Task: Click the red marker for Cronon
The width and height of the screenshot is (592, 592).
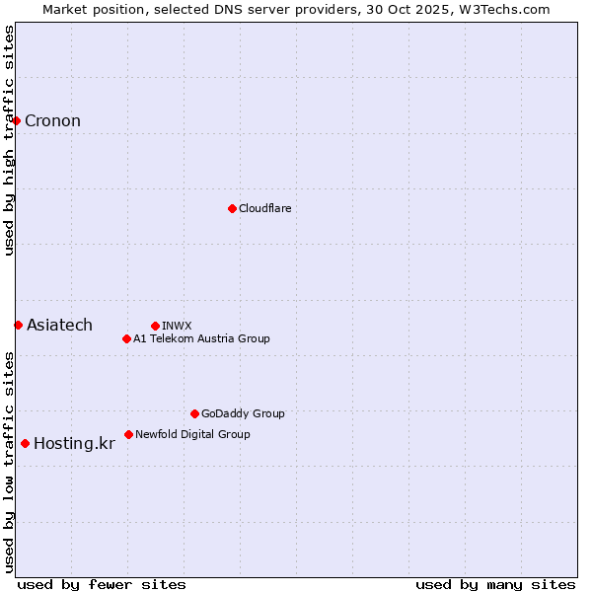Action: tap(17, 121)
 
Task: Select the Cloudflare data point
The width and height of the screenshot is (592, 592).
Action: tap(232, 208)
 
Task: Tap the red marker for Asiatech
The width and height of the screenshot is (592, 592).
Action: tap(18, 325)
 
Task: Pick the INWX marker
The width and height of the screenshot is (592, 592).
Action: tap(155, 326)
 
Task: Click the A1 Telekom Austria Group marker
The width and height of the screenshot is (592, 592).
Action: tap(126, 338)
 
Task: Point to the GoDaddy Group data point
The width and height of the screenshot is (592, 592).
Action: tap(194, 413)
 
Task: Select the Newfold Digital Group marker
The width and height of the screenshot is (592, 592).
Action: tap(128, 434)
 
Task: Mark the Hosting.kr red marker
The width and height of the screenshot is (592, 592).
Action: tap(25, 443)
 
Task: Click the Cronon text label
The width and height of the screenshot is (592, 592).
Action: tap(52, 121)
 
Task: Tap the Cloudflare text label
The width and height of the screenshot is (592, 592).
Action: tap(264, 208)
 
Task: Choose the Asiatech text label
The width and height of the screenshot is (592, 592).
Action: tap(59, 325)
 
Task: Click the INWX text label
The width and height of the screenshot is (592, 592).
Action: tap(177, 326)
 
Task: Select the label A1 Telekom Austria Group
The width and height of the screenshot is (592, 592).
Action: tap(201, 338)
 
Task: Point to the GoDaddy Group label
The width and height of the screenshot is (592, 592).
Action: tap(243, 413)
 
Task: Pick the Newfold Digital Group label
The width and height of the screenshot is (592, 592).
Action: tap(192, 434)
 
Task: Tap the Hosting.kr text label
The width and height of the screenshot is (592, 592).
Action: tap(74, 443)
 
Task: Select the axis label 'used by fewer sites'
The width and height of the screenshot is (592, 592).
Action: tap(102, 584)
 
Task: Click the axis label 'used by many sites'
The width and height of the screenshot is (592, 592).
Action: tap(495, 584)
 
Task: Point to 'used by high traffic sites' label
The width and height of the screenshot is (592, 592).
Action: tap(9, 140)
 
